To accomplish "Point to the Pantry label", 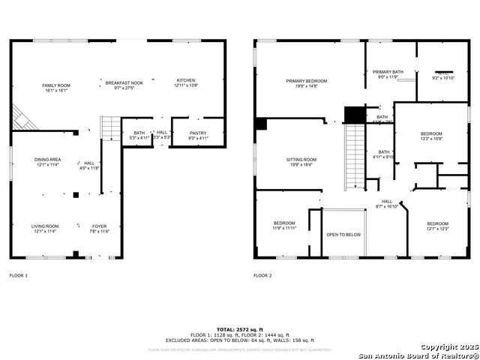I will coord(197,133).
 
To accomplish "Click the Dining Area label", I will coord(46,159).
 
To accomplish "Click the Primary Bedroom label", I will coord(306,80).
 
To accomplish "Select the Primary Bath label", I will coord(388,72).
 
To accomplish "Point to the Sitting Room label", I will coord(301,159).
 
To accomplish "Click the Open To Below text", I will coord(343,235).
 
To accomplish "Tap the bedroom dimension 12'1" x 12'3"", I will coord(437,229).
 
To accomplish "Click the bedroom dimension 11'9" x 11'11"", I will coord(283,229).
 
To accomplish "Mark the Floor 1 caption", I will coord(18,276).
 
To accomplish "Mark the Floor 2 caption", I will coord(262,276).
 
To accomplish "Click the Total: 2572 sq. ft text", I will coord(240,329).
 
